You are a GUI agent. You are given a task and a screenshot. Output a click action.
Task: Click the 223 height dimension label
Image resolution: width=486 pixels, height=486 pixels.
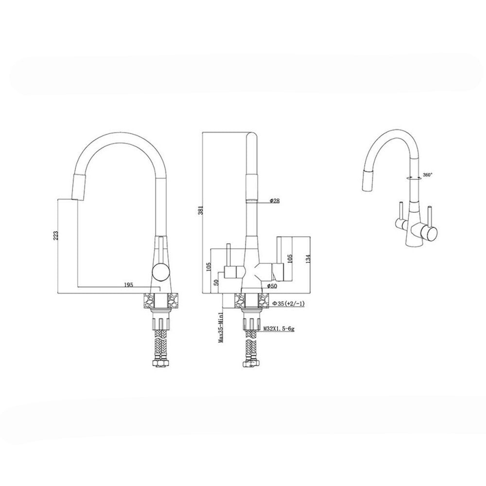point(55,236)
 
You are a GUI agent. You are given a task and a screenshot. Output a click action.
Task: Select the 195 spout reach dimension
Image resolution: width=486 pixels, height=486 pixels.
point(128,285)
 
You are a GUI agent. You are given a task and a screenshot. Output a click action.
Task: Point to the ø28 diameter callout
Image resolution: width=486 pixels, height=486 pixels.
point(275,201)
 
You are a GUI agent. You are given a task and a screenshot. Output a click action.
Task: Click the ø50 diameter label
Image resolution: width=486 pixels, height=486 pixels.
point(272,286)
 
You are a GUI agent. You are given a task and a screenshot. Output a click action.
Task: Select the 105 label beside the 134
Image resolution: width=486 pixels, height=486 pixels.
point(290,258)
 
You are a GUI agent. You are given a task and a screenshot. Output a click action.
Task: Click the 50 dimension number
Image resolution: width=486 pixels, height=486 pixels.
point(217,282)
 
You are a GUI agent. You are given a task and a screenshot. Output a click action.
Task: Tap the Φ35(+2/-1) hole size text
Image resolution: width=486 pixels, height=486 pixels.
point(289,304)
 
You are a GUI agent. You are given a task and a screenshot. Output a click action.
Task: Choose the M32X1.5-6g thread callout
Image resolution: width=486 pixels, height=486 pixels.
point(278,329)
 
